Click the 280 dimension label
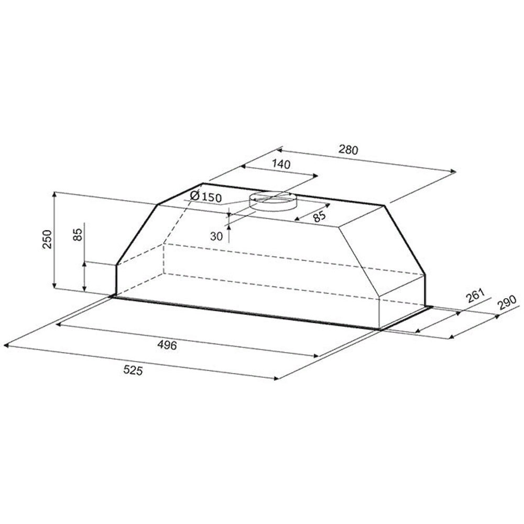348,150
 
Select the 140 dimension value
281,164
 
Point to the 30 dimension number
216,237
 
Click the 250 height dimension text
48,239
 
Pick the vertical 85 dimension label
77,234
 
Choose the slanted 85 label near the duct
320,216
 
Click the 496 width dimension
167,345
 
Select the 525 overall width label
133,370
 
